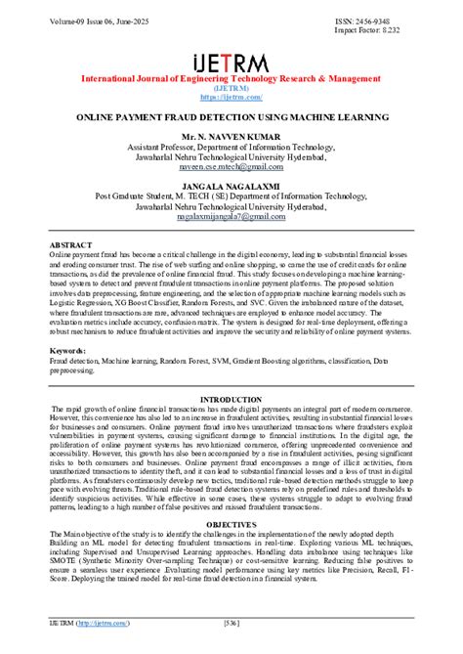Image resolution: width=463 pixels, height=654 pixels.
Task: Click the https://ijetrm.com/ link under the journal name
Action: click(231, 96)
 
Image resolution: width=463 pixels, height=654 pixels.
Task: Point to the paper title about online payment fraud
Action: click(231, 114)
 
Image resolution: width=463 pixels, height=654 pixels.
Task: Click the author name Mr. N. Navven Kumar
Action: click(231, 136)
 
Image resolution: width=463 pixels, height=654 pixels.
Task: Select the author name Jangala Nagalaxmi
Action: click(231, 184)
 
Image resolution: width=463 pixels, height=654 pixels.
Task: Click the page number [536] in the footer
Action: click(231, 623)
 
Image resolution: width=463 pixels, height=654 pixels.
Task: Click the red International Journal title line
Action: click(231, 76)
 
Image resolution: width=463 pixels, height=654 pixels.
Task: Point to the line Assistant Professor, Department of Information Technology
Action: click(231, 147)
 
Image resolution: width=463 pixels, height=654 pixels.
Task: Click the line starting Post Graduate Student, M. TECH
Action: click(231, 195)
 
